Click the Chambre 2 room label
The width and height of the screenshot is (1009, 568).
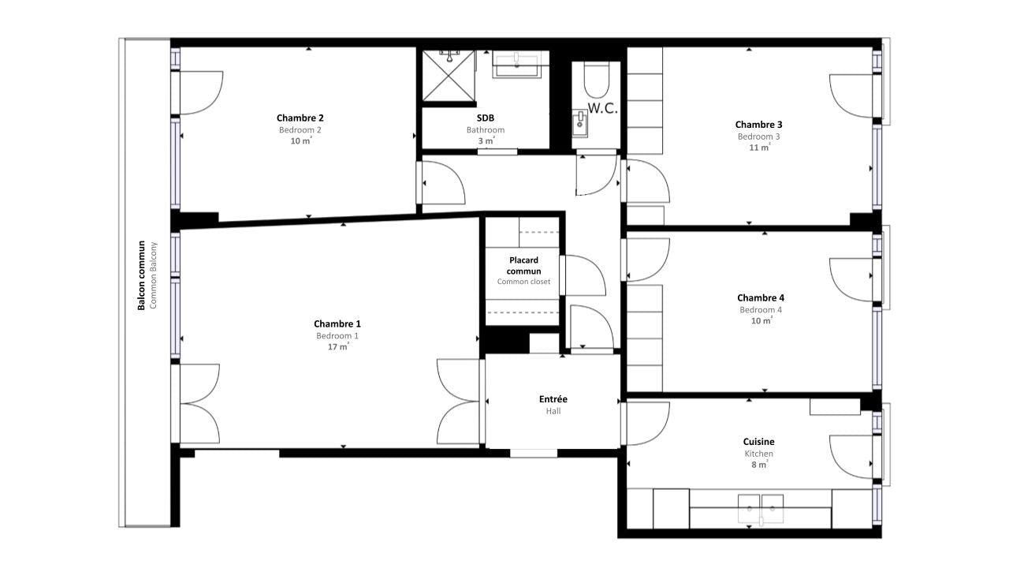(300, 118)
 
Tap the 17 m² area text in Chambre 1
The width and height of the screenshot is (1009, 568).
(337, 346)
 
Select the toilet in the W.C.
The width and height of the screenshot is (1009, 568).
(597, 79)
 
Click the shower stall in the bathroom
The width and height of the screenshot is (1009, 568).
(449, 76)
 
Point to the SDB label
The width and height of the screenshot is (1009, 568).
(486, 118)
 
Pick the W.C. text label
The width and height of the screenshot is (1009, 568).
(602, 109)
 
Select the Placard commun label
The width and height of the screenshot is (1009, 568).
(523, 266)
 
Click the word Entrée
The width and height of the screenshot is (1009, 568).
(553, 399)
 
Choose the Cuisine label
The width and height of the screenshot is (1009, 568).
(758, 442)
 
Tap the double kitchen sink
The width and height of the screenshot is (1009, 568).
(761, 506)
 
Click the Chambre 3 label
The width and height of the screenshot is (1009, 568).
(758, 125)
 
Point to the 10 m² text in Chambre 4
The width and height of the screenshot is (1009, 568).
(760, 321)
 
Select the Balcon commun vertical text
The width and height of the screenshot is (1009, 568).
(142, 275)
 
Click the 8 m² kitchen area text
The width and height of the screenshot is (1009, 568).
(758, 465)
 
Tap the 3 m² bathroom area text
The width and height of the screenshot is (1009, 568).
(486, 140)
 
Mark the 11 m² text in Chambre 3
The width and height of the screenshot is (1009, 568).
(759, 147)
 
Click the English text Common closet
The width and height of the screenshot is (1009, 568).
(523, 282)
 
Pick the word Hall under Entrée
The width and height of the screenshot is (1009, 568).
(553, 411)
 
